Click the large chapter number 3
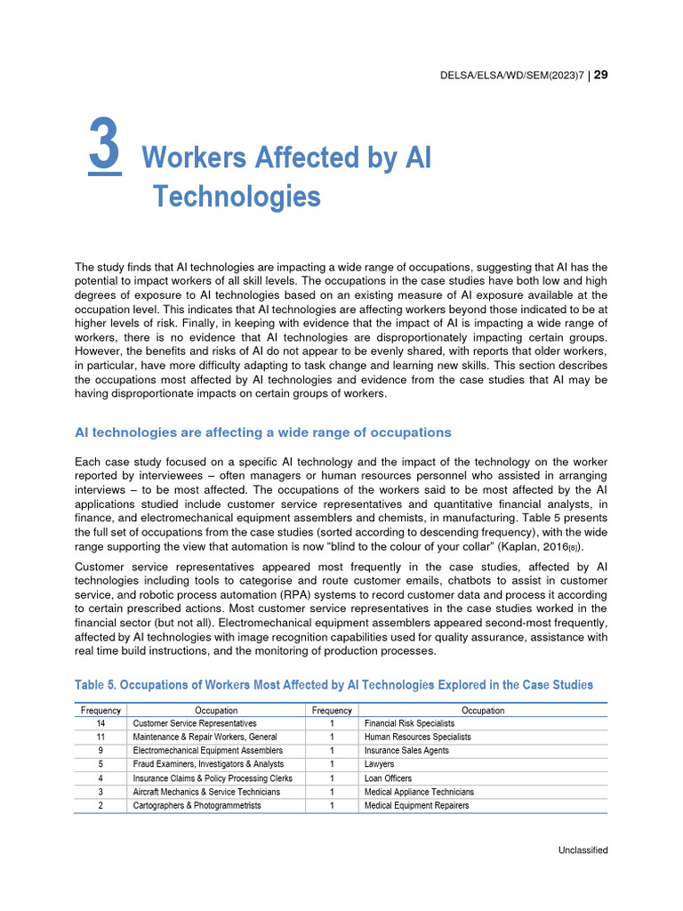click(105, 148)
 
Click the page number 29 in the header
click(600, 75)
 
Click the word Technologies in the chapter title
click(237, 196)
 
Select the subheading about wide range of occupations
click(263, 432)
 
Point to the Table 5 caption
click(333, 685)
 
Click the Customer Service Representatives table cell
click(195, 724)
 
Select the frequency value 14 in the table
click(100, 724)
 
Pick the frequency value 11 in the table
click(100, 738)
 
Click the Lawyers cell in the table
click(380, 764)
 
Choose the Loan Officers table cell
click(389, 778)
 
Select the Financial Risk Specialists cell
click(409, 724)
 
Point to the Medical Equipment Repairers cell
click(417, 806)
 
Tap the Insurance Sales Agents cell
click(406, 751)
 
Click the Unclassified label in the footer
click(583, 851)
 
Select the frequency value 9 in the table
click(100, 751)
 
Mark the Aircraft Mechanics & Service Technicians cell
click(206, 792)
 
